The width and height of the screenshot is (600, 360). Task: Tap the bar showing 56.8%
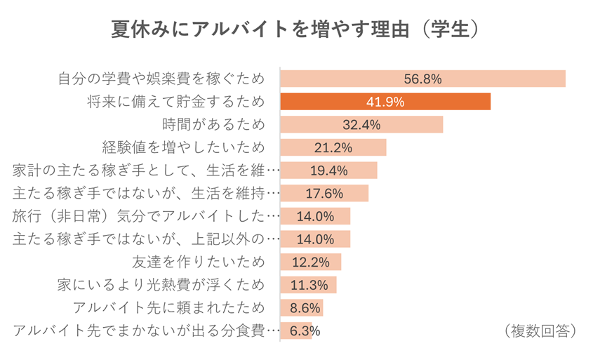tap(422, 79)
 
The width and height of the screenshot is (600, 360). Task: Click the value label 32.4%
tap(361, 125)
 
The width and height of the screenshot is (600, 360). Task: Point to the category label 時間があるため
tap(214, 125)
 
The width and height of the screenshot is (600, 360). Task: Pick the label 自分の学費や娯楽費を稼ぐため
tap(161, 79)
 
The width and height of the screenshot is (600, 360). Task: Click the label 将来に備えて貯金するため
tap(175, 102)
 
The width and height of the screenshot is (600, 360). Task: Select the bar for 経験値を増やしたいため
tap(333, 147)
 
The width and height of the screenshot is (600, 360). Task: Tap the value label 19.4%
tap(329, 171)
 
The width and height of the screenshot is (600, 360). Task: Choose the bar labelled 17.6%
tap(324, 193)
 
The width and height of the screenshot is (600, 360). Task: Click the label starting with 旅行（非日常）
tap(147, 216)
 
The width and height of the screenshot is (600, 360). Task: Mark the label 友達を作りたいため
tap(199, 262)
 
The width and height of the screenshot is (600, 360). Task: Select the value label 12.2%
tap(310, 262)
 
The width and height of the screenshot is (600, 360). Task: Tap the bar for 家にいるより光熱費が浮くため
tap(308, 285)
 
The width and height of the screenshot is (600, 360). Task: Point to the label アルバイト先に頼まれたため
tap(169, 307)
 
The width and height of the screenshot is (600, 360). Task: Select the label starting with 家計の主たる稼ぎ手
tap(147, 171)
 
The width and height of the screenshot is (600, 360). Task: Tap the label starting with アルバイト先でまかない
tap(147, 331)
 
